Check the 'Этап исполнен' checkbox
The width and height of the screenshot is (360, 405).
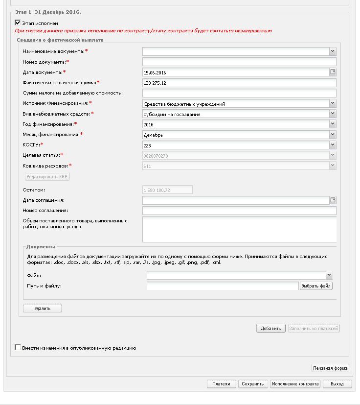(x=18, y=23)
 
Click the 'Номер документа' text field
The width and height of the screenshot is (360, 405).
(x=239, y=62)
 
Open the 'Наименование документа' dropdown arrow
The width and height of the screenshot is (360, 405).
(x=333, y=51)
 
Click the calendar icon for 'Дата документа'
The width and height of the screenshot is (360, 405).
(x=333, y=72)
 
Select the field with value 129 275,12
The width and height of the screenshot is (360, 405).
(x=239, y=83)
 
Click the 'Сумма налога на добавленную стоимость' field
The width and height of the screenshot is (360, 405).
(x=239, y=93)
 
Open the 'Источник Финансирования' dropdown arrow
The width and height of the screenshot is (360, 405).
(x=333, y=103)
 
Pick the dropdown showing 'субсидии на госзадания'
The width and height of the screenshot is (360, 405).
(x=235, y=114)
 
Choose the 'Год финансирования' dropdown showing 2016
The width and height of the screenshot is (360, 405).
(x=235, y=124)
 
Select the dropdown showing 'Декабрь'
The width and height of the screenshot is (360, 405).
(x=235, y=135)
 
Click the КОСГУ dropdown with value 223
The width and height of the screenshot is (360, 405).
(x=235, y=145)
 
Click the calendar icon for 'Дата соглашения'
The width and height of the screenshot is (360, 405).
(x=333, y=200)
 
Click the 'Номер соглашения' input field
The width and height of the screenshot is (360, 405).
(x=239, y=211)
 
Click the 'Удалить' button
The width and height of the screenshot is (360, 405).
(x=43, y=309)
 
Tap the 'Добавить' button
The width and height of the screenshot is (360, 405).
(x=270, y=329)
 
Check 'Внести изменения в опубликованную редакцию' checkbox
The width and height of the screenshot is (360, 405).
(x=18, y=348)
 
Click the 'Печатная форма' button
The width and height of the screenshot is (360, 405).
(x=331, y=368)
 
